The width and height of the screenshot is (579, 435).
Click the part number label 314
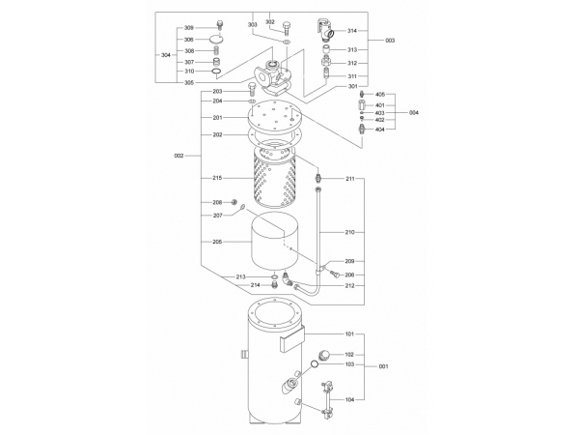[352, 31]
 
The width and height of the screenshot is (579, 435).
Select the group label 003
[390, 41]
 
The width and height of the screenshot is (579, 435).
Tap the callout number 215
[217, 178]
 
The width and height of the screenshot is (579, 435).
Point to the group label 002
[179, 156]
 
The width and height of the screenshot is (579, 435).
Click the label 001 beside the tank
[384, 366]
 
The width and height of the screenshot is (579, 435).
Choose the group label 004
[414, 112]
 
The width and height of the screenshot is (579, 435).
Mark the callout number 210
[349, 232]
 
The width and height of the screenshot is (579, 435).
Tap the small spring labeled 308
[218, 51]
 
